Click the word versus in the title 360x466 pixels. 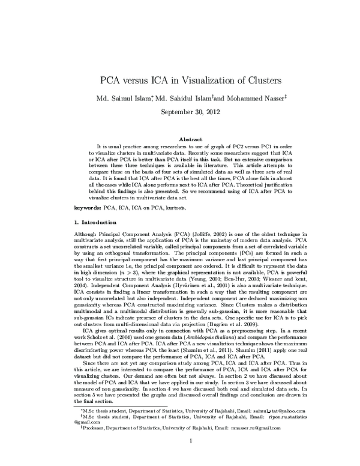tap(144, 80)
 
